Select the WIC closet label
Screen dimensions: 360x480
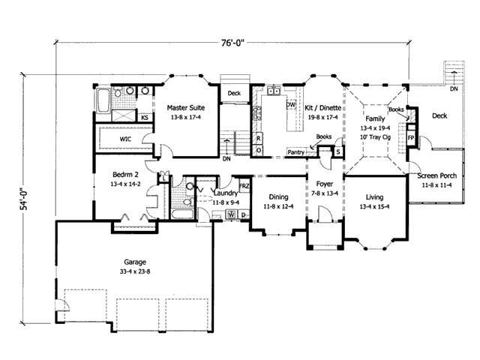click(126, 139)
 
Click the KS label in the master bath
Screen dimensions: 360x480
click(144, 118)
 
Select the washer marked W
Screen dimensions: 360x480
click(231, 215)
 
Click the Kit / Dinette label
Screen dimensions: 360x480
click(323, 108)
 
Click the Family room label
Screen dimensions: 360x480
click(374, 119)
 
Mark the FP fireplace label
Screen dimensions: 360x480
click(411, 139)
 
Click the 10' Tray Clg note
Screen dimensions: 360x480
click(375, 137)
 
